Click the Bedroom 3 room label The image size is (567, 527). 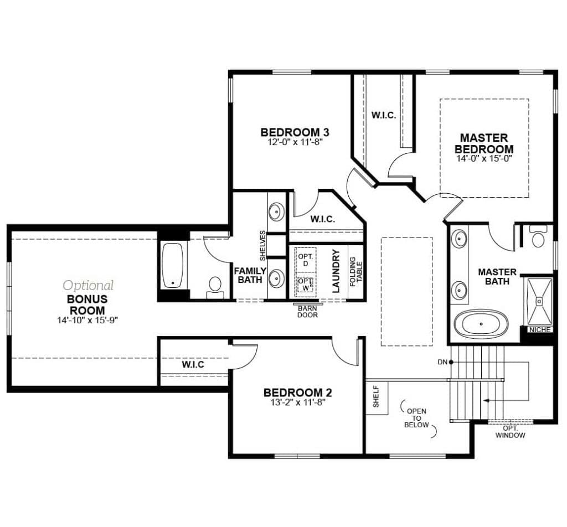pos(295,132)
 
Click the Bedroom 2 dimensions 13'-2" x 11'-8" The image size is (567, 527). pos(297,402)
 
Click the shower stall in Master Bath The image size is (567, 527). pos(539,301)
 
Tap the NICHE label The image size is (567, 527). pos(539,330)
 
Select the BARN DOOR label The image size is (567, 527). pos(307,311)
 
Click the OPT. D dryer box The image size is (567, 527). pos(305,259)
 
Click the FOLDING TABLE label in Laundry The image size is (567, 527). pos(355,272)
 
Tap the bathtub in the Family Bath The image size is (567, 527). pos(173,265)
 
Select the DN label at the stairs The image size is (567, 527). pos(442,362)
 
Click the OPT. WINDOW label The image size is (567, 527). pos(510,432)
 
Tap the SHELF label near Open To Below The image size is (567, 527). pos(376,396)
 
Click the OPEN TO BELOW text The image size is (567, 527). pos(416,418)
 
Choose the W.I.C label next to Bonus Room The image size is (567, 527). pos(193,364)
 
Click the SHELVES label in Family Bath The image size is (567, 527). pos(262,245)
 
